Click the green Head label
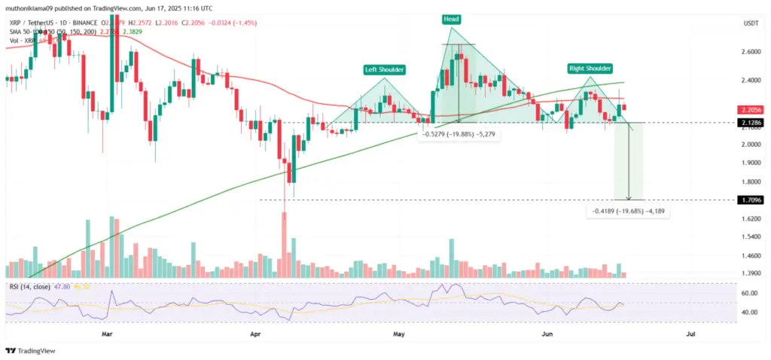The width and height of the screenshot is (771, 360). tap(451, 19)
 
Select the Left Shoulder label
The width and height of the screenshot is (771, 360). tap(385, 69)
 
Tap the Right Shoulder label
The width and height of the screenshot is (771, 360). tap(590, 69)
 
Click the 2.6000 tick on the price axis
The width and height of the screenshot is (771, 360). tap(750, 52)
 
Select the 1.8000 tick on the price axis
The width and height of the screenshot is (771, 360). tap(750, 182)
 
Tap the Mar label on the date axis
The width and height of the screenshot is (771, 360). tap(107, 331)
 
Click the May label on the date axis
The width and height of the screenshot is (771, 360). tap(399, 331)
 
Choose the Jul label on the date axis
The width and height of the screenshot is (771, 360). tap(690, 331)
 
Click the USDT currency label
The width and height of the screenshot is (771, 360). tap(749, 23)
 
